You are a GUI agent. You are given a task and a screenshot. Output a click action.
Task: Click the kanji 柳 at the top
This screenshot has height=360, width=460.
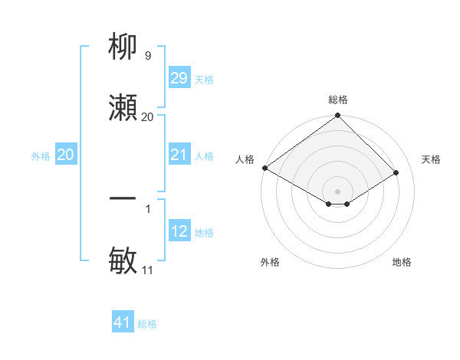pos(123,47)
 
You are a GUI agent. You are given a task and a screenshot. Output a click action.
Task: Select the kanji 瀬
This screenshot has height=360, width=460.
pos(123,107)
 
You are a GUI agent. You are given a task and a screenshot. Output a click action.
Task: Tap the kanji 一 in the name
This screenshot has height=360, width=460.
pos(123,198)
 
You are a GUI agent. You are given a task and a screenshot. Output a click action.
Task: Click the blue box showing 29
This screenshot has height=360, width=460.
pos(179,78)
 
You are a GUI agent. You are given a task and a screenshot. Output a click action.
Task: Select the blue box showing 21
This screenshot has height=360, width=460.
pos(179,155)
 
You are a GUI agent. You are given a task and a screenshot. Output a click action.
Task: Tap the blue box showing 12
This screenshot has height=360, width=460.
pos(179,231)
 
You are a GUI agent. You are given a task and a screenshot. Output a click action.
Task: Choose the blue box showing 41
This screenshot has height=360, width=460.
pos(123,322)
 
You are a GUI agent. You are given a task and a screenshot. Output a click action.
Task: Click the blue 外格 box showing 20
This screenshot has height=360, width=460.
pos(66,155)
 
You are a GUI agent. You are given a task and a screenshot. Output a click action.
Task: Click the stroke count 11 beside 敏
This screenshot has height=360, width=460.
pos(147,270)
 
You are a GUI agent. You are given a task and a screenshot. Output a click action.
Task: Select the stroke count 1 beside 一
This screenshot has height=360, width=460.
pos(147,208)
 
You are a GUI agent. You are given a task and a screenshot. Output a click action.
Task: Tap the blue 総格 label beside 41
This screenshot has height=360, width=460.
pos(147,324)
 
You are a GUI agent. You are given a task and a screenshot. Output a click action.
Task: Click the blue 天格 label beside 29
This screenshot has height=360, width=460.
pos(203,80)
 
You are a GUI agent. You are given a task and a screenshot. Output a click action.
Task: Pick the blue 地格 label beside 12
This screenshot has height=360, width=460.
pos(203,233)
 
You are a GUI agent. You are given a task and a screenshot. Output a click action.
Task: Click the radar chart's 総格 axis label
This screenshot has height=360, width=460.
pos(337,100)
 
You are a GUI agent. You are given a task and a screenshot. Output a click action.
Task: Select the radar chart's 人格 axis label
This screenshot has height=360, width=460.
pos(245,159)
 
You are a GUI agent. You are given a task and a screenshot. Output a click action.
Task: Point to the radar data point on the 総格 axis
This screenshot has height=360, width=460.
pos(337,116)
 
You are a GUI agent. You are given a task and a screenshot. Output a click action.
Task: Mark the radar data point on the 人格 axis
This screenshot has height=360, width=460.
pos(264,168)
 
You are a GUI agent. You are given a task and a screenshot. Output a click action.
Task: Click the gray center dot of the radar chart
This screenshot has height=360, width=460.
pos(337,191)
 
